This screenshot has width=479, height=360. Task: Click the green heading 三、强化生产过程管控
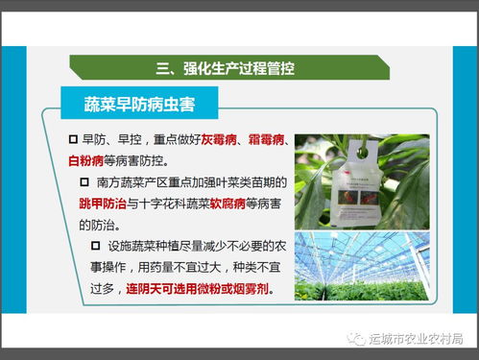pyautogui.click(x=226, y=67)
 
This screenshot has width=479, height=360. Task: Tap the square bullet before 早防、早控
pyautogui.click(x=73, y=140)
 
